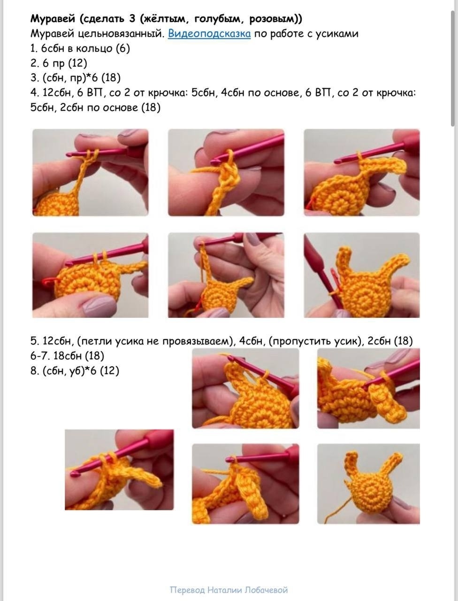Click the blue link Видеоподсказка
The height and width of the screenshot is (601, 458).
209,34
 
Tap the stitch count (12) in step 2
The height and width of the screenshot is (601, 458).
77,63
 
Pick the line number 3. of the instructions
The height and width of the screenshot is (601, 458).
34,78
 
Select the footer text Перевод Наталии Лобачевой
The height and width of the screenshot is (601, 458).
229,590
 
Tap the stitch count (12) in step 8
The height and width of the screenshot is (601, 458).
109,371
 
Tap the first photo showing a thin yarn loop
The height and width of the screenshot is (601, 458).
91,172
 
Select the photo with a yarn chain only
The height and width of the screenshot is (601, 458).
226,172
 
